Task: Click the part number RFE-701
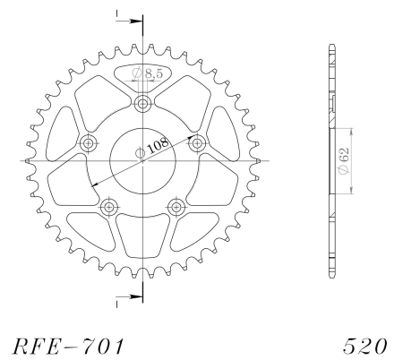68,346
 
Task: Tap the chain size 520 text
364,347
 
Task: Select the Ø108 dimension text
152,147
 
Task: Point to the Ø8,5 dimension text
148,73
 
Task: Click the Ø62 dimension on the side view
344,160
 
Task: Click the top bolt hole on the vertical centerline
143,104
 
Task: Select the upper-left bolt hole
88,143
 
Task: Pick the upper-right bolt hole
197,143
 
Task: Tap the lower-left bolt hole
109,207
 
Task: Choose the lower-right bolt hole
176,207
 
